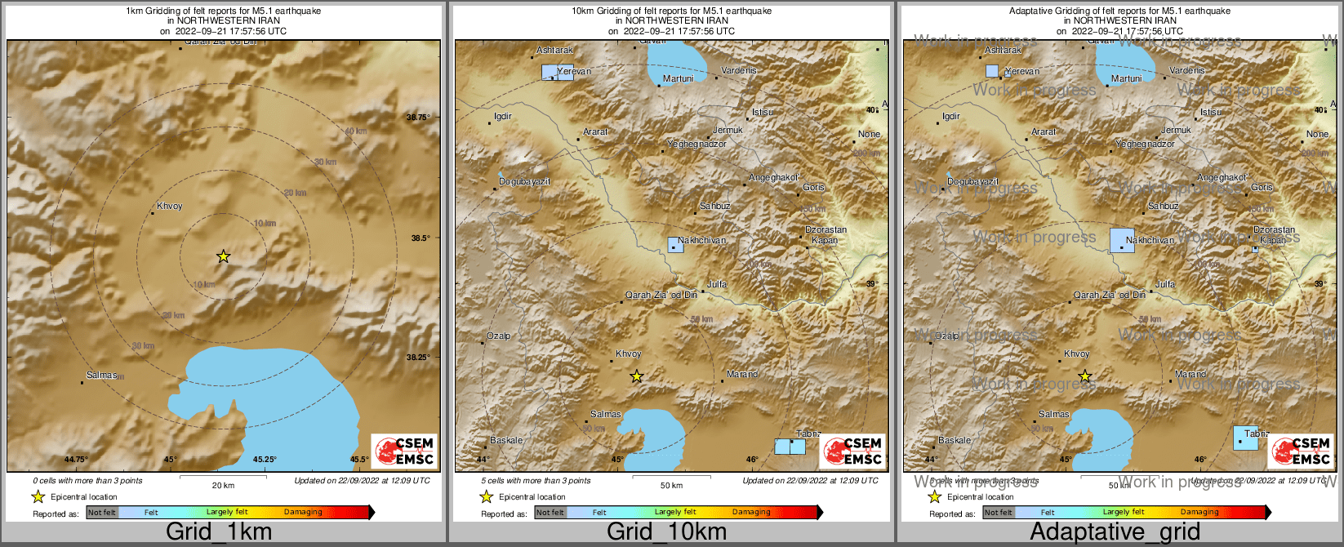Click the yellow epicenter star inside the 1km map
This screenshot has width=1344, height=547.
223,256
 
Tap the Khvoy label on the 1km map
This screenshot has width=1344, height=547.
170,207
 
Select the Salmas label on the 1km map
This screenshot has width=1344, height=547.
102,376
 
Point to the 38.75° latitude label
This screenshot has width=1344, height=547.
418,118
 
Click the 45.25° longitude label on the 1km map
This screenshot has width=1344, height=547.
264,460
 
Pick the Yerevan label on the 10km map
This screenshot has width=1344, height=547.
574,72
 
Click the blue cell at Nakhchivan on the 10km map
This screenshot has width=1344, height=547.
675,244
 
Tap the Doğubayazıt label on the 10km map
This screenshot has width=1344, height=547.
524,181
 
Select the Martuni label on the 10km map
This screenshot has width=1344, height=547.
678,79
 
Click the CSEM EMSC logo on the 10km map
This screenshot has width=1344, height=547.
851,451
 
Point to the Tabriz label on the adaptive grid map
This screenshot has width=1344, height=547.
1257,434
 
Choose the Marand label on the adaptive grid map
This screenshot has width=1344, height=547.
1190,375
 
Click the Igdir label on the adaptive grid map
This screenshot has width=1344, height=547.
951,117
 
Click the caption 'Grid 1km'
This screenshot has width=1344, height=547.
219,532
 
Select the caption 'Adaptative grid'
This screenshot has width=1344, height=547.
1115,532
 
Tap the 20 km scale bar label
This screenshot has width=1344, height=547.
223,486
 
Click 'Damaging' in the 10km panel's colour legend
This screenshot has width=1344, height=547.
751,513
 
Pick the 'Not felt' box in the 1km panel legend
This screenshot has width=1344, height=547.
102,513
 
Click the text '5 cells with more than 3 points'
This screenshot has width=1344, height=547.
536,481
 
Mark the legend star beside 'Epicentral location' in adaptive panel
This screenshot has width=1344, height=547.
934,496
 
